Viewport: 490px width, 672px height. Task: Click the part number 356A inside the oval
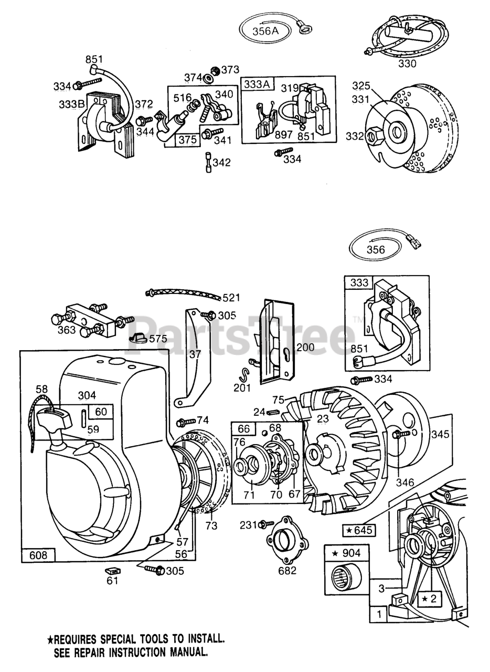(265, 30)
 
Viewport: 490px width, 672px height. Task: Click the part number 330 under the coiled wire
(407, 64)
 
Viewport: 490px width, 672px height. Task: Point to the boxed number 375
(187, 140)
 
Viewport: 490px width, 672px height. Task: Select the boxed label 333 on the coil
(359, 282)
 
